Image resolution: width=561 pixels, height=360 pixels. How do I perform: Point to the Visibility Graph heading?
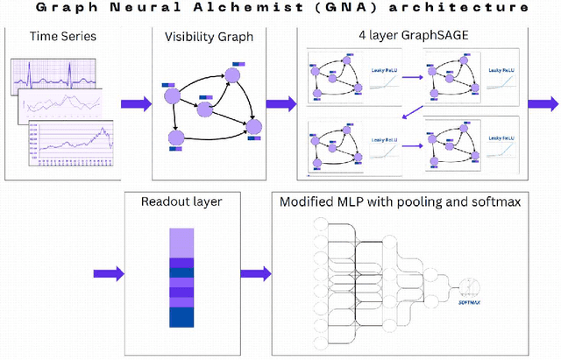click(x=209, y=37)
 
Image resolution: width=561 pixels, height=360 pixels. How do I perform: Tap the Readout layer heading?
click(x=181, y=201)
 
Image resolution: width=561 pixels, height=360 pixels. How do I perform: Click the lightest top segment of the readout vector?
click(x=181, y=241)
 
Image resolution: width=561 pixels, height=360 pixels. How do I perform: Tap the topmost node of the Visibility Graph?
click(x=231, y=76)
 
